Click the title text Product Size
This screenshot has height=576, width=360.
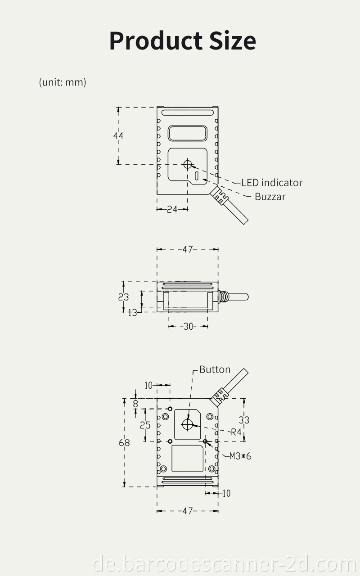pyautogui.click(x=182, y=40)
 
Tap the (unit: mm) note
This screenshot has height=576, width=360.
pyautogui.click(x=62, y=82)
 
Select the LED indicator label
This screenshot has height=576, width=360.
pyautogui.click(x=272, y=183)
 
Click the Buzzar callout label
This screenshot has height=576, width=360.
pyautogui.click(x=270, y=197)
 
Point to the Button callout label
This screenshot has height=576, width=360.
pyautogui.click(x=215, y=369)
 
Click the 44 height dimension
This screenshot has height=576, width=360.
pyautogui.click(x=118, y=135)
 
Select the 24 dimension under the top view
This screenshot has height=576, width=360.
pyautogui.click(x=172, y=209)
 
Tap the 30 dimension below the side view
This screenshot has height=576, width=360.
pyautogui.click(x=188, y=327)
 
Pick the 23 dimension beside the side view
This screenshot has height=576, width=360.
pyautogui.click(x=123, y=297)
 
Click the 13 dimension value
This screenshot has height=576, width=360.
pyautogui.click(x=132, y=312)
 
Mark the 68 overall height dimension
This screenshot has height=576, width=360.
pyautogui.click(x=124, y=443)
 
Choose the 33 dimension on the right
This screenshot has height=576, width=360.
pyautogui.click(x=244, y=420)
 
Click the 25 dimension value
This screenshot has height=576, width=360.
pyautogui.click(x=145, y=425)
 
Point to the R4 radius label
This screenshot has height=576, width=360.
pyautogui.click(x=236, y=432)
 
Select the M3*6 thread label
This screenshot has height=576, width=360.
pyautogui.click(x=240, y=456)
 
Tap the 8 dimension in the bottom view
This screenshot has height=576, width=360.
pyautogui.click(x=135, y=404)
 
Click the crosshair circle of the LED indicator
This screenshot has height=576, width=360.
pyautogui.click(x=188, y=164)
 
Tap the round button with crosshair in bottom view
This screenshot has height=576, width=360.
pyautogui.click(x=187, y=423)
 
